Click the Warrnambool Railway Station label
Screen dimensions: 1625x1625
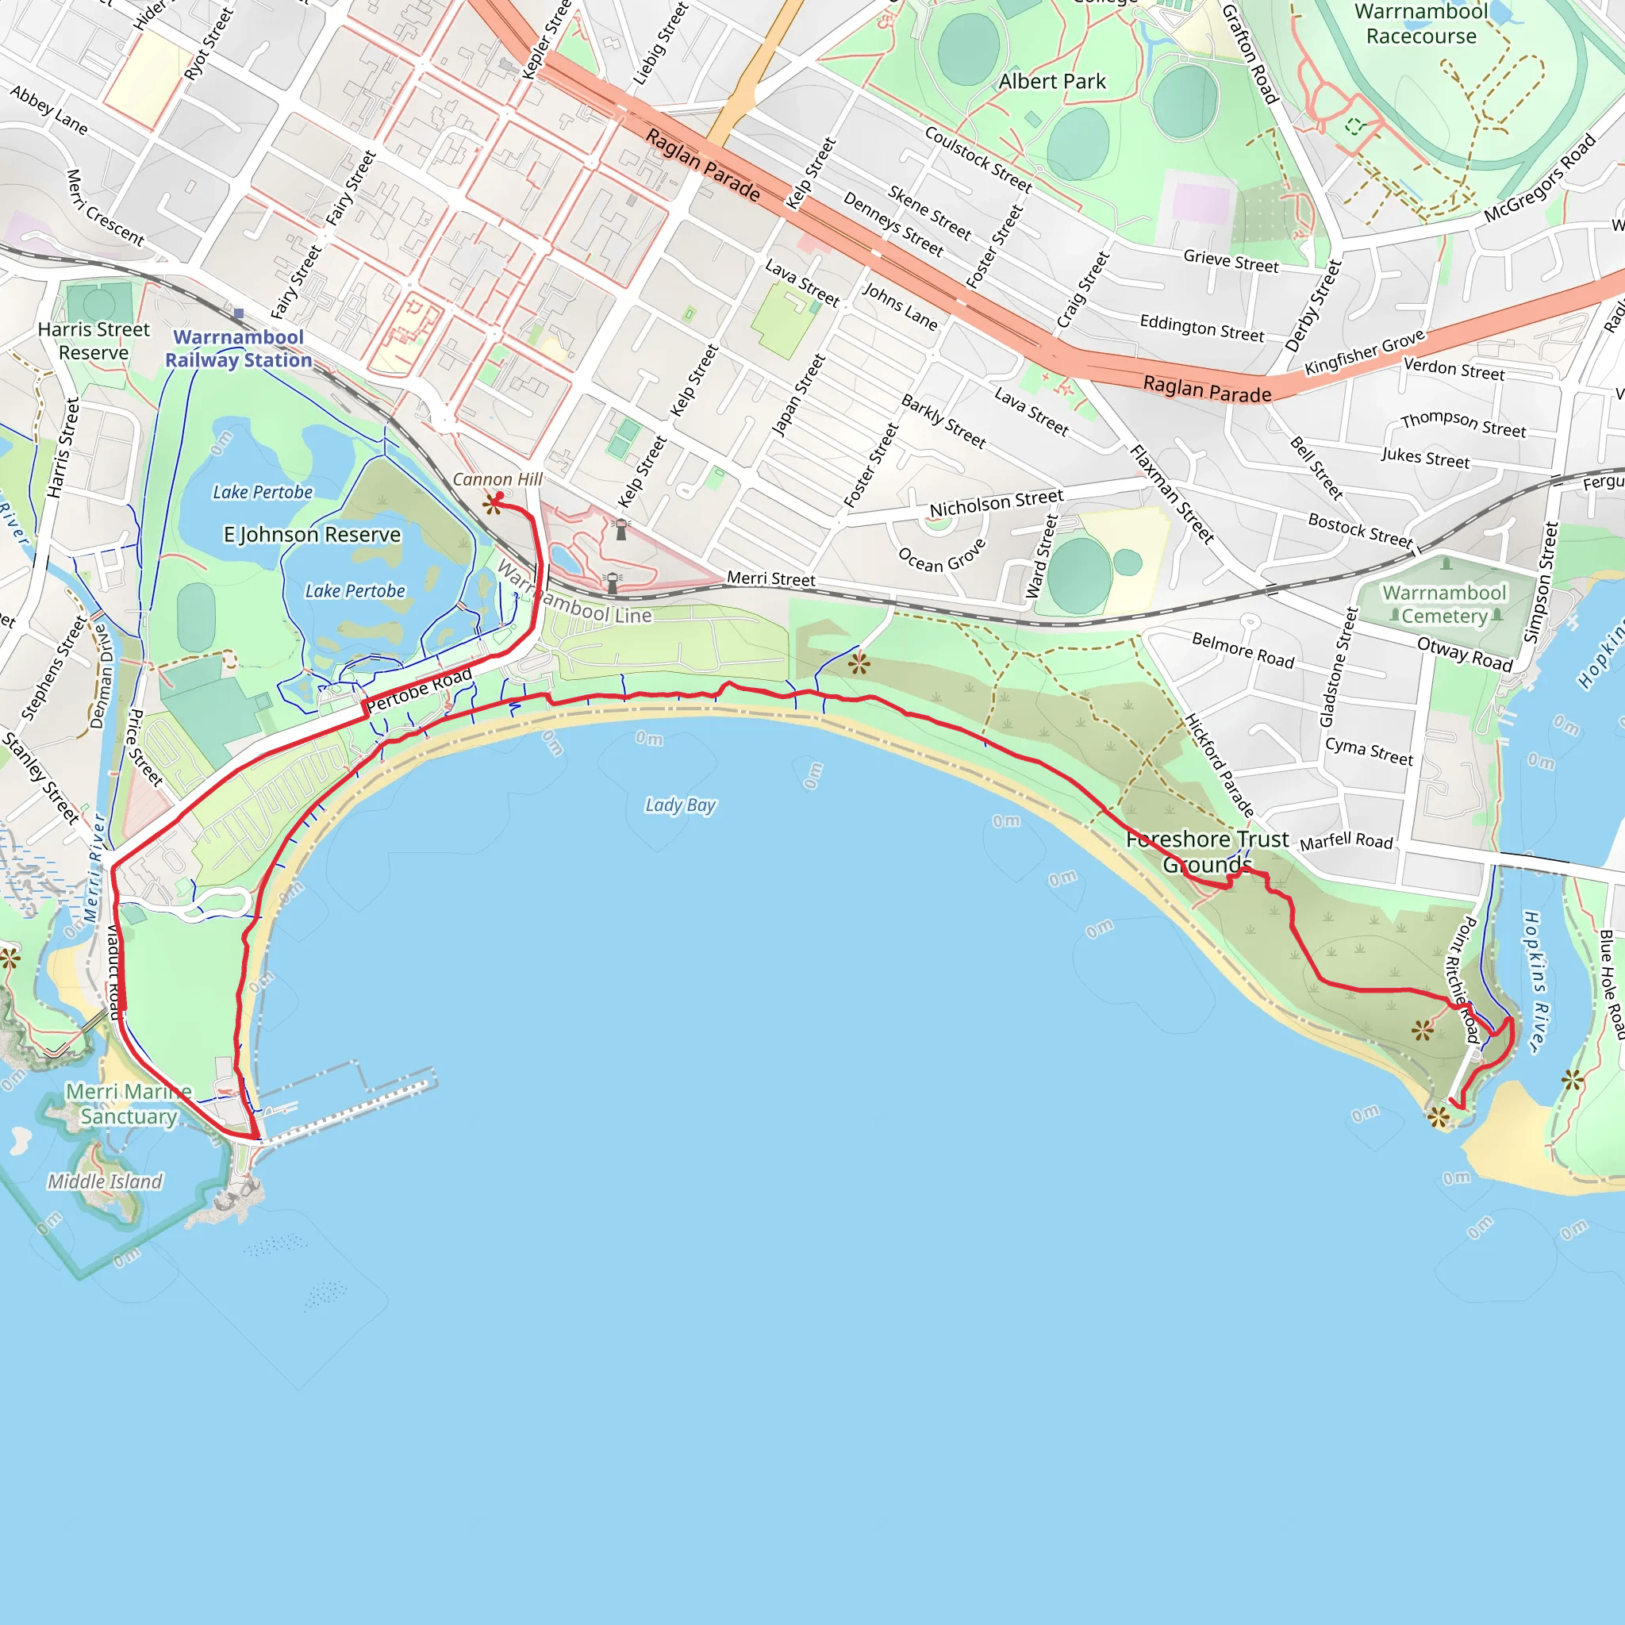(238, 348)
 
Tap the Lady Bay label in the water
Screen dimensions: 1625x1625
(680, 805)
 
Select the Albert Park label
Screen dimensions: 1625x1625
(1051, 82)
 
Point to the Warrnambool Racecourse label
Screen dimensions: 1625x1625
(1420, 25)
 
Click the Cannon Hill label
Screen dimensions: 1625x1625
(497, 479)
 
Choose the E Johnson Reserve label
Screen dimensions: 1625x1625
(312, 535)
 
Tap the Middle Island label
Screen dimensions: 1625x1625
(106, 1181)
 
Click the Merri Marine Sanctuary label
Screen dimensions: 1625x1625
(129, 1104)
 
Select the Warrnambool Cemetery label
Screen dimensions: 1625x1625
(1444, 605)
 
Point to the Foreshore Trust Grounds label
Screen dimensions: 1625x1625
(1207, 851)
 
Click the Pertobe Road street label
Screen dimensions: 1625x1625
(419, 690)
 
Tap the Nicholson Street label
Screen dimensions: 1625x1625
(996, 503)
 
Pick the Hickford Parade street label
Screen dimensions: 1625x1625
(1219, 766)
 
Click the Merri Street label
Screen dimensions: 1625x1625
(770, 578)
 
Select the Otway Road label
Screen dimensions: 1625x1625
(1465, 654)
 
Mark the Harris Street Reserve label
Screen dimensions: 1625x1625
(94, 340)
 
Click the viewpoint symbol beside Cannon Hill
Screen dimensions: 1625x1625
(492, 504)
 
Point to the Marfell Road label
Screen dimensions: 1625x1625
(1346, 841)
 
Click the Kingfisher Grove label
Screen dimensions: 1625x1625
(1364, 352)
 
